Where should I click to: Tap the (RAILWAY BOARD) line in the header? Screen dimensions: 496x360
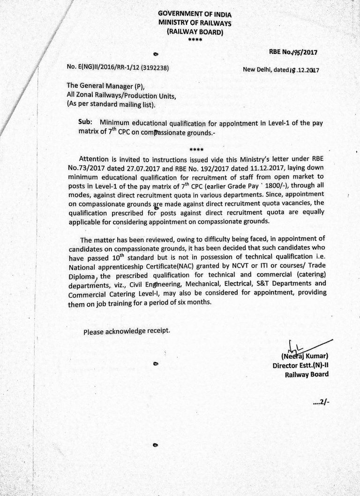tap(195, 31)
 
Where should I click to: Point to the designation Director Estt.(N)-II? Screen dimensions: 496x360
tap(300, 365)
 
